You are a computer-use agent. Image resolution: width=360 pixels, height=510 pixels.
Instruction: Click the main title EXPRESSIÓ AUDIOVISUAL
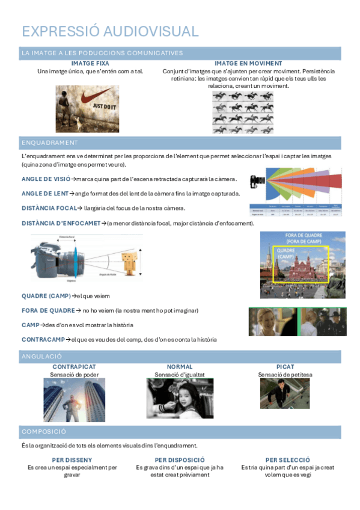(x=109, y=31)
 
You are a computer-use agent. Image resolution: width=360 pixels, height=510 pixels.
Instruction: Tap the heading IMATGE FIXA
(x=90, y=63)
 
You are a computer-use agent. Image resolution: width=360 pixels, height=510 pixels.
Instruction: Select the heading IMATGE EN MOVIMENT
(x=248, y=63)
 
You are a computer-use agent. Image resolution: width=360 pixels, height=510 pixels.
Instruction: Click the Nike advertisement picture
(x=84, y=108)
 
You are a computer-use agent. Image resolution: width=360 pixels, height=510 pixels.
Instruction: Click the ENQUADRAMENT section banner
(x=50, y=143)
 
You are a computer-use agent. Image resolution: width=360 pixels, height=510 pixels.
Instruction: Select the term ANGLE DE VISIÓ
(x=45, y=179)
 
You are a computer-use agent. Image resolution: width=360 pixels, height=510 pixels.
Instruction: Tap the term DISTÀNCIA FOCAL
(x=48, y=208)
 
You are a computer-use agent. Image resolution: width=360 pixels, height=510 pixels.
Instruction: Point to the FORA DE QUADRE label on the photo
(x=304, y=238)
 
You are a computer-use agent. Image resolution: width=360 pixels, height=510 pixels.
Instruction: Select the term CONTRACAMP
(x=43, y=340)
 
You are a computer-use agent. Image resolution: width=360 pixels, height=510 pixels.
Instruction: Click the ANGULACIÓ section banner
(x=42, y=356)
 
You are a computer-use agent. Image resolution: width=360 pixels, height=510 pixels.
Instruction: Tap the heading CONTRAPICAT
(x=74, y=367)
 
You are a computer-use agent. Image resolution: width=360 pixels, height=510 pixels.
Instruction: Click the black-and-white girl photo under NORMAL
(x=180, y=398)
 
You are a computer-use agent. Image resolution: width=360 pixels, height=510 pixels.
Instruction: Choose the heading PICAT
(x=285, y=367)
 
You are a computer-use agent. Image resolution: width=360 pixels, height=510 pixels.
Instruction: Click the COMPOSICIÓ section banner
(x=44, y=432)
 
